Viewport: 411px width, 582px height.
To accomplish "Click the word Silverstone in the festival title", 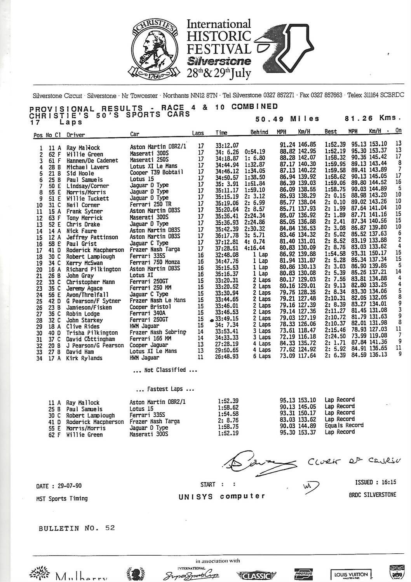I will [x=219, y=61].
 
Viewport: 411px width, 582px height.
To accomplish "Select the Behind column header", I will [x=259, y=132].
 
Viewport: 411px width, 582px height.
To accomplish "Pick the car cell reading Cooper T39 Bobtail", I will [x=156, y=172].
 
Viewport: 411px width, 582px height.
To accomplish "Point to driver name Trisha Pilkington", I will [x=92, y=333].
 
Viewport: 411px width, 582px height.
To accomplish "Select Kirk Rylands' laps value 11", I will [x=200, y=357].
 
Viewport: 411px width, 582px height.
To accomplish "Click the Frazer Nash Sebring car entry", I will [x=158, y=332].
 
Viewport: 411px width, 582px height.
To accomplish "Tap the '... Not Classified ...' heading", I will [x=165, y=370].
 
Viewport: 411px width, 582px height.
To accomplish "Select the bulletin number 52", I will [x=110, y=528].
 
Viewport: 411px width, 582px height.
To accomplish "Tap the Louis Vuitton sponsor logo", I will [x=351, y=574].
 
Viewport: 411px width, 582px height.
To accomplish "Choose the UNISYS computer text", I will [x=222, y=496].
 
